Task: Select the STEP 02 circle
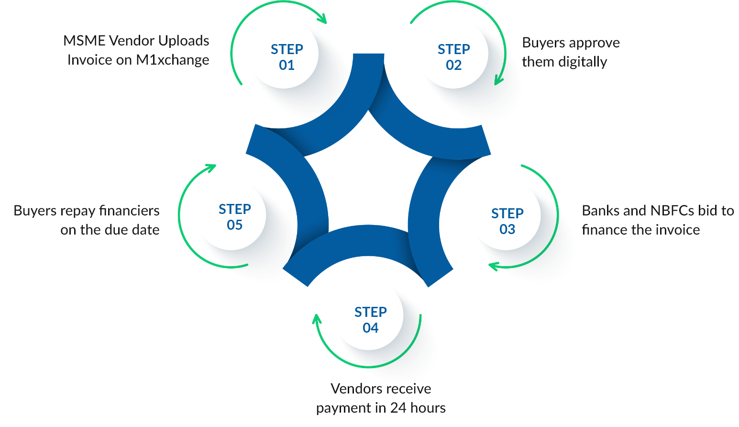pos(453,56)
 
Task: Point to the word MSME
pos(84,41)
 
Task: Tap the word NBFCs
pos(672,211)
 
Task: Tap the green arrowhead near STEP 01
pos(323,20)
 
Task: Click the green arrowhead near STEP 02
pos(498,80)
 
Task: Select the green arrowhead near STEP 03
pos(493,265)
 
